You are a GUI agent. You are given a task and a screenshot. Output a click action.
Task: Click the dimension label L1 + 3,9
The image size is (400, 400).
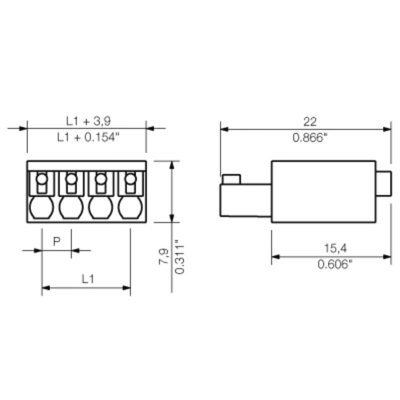point(88,121)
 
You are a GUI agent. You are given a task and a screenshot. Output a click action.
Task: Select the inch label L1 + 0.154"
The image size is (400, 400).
point(88,137)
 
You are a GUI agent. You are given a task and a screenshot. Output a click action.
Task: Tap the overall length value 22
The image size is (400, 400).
point(310,121)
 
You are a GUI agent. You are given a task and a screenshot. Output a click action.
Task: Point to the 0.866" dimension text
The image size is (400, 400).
point(310,137)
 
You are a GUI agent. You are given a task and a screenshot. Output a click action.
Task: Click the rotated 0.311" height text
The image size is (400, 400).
point(180,256)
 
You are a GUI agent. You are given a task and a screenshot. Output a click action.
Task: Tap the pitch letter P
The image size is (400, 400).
point(56,241)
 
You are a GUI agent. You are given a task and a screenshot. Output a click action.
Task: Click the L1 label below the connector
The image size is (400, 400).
point(88,279)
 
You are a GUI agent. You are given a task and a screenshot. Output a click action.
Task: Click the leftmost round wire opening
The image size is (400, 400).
point(41,207)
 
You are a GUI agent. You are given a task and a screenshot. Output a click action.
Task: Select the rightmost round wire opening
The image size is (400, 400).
point(130,207)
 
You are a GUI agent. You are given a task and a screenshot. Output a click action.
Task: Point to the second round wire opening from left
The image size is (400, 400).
point(71,207)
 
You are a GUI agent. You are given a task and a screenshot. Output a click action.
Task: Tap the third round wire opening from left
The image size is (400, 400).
point(101,207)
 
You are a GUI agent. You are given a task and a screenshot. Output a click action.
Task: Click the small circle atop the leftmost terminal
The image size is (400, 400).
point(42,178)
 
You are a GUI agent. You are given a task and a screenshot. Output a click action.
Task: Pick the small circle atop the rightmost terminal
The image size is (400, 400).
point(131,178)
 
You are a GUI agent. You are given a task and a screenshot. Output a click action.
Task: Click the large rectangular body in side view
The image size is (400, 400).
point(323,191)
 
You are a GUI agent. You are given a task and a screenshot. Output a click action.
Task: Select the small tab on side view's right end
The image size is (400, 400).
point(383,183)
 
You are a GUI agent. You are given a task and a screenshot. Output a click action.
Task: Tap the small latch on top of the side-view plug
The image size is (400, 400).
point(231,179)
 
